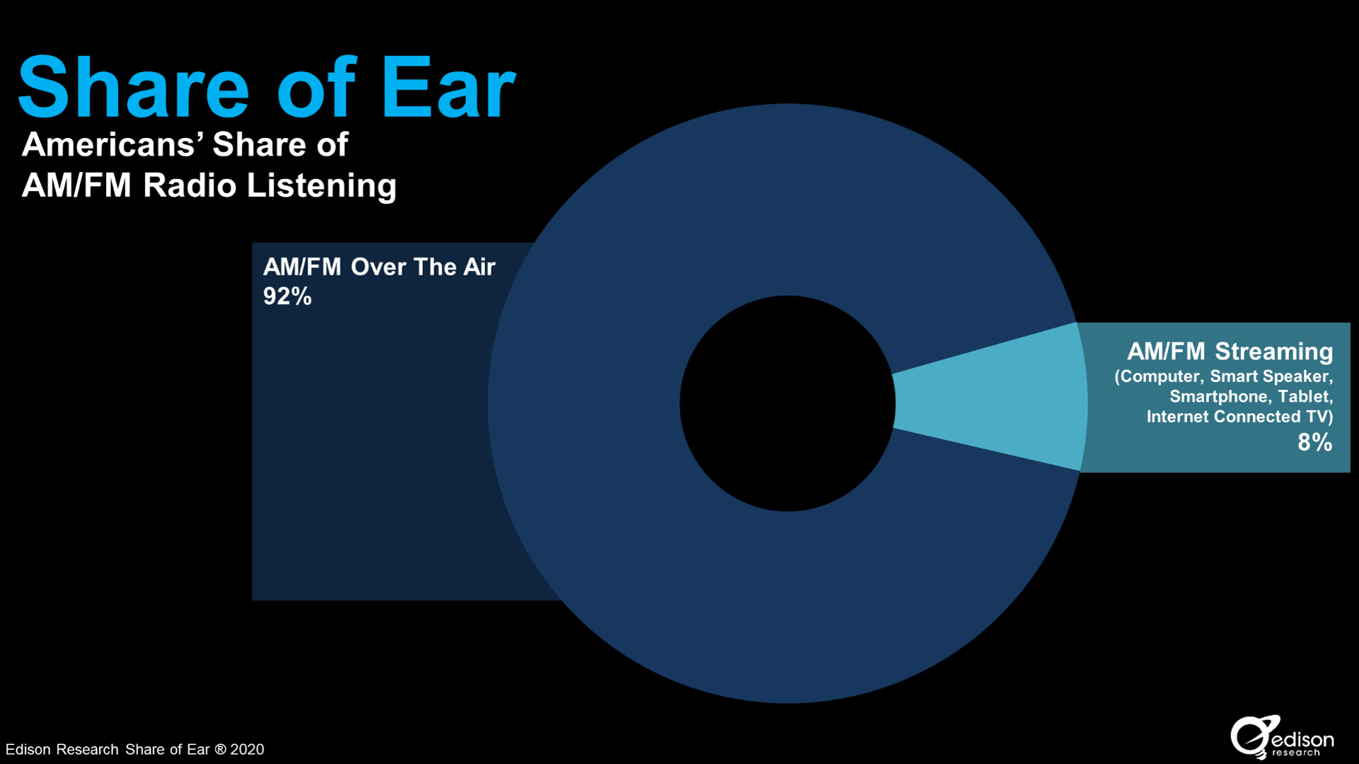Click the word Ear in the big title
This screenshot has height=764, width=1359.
[448, 88]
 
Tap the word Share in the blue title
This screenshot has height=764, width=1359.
[134, 88]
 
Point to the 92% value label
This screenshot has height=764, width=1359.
[287, 296]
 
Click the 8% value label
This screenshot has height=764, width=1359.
[1314, 442]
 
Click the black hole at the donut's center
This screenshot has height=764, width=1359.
[787, 403]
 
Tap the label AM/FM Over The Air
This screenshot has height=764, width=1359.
[379, 267]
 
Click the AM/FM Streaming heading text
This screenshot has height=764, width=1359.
[1230, 351]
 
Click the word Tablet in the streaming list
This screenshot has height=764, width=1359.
[1305, 396]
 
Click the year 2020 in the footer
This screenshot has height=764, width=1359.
[247, 749]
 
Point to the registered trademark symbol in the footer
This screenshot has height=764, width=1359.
[220, 749]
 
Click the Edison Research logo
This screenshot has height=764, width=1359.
[1282, 737]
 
